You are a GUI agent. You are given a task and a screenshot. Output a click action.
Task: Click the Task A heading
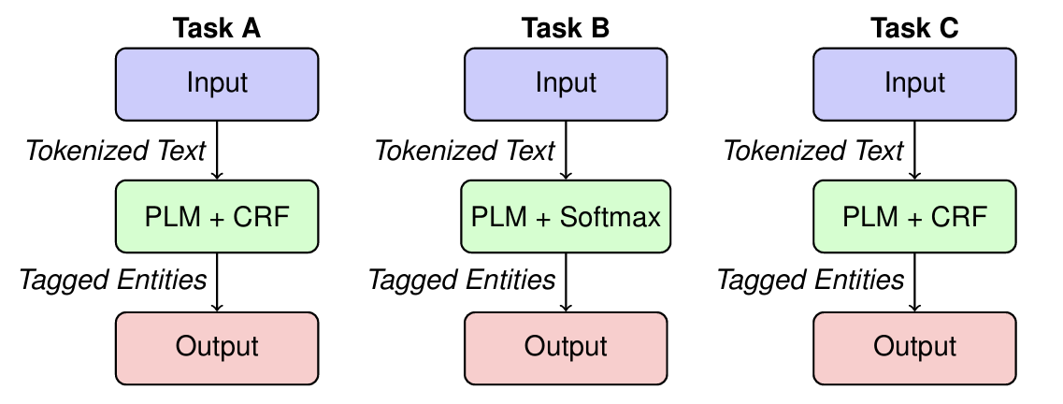click(x=217, y=28)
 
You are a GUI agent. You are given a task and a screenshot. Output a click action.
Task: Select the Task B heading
click(x=566, y=28)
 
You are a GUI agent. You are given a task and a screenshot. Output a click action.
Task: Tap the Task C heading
click(x=914, y=28)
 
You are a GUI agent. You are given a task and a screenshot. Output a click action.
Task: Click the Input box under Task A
click(x=217, y=83)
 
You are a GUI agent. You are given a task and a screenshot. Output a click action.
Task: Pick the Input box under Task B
click(x=566, y=83)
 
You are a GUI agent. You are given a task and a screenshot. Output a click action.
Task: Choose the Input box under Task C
click(x=914, y=83)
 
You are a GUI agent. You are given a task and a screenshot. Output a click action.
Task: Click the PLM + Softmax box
click(x=566, y=217)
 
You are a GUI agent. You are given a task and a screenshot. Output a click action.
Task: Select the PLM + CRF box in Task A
click(x=217, y=217)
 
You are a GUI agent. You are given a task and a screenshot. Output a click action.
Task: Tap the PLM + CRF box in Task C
click(x=914, y=217)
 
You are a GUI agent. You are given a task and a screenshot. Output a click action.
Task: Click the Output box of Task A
click(x=217, y=347)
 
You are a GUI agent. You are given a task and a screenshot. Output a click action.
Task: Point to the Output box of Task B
click(x=566, y=347)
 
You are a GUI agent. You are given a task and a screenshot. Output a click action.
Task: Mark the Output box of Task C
click(x=914, y=347)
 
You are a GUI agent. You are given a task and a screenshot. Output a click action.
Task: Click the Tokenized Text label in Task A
click(x=115, y=151)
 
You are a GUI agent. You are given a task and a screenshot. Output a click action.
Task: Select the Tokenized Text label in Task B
click(x=465, y=151)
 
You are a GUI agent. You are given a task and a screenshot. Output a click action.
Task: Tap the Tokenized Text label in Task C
click(x=813, y=151)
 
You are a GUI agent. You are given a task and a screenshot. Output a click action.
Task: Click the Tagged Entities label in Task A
click(x=113, y=280)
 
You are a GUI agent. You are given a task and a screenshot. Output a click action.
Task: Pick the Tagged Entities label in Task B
click(x=462, y=280)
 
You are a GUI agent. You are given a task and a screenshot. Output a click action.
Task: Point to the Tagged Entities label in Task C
click(x=811, y=280)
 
